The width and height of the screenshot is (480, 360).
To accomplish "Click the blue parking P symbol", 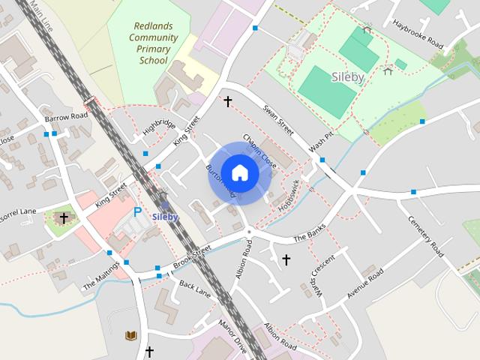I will point(137,212).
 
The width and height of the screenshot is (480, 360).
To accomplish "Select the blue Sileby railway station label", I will point(165,217).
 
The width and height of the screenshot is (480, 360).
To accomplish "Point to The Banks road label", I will point(311,237).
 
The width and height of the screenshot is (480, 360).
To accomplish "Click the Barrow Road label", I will point(66,118).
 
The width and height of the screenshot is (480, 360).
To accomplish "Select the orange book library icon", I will point(132,334).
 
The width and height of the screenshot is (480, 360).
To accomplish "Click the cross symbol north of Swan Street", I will point(227,99).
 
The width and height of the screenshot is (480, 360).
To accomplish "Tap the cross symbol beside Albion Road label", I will point(286,259).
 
